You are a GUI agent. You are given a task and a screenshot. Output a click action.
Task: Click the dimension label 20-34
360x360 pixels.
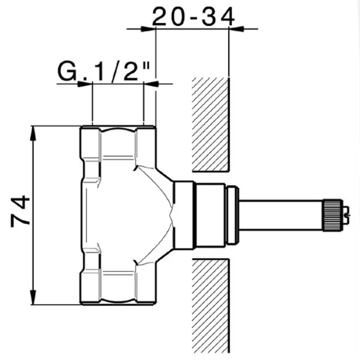pos(193,16)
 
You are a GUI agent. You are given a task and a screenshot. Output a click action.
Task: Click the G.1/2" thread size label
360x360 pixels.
pos(104,71)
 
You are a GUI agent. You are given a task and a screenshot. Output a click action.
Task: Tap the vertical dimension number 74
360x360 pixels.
pos(20,211)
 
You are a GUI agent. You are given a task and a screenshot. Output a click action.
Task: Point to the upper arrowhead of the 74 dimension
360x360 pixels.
pos(33,133)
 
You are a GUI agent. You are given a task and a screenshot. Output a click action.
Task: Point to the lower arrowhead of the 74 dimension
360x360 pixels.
pos(33,297)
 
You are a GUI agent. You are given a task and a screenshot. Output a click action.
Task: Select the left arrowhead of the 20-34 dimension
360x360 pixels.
pos(148,29)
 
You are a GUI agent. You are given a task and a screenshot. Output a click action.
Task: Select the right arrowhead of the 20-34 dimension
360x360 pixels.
pos(236,29)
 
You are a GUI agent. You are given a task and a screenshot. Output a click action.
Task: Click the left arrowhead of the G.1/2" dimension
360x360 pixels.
pos(85,84)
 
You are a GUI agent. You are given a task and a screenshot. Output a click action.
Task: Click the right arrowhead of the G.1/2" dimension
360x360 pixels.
pos(151,84)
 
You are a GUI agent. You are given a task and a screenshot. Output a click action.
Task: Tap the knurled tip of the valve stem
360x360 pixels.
pos(333,215)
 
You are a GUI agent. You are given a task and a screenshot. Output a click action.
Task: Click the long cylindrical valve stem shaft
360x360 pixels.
pos(281,215)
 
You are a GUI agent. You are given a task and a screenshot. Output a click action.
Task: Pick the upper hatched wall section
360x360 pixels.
pos(211,124)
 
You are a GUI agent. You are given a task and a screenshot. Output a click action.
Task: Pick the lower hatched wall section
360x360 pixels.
pos(211,305)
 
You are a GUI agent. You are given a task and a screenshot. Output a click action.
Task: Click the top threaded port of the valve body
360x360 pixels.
pos(118,142)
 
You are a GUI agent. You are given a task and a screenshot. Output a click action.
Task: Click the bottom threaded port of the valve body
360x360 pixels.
pos(118,287)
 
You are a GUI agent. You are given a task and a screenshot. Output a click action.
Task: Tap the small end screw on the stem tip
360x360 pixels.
pos(346,215)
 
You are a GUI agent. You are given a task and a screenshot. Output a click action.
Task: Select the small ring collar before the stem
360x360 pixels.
pos(232,215)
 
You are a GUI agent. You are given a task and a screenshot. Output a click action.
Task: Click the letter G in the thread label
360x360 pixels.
pos(67,71)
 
